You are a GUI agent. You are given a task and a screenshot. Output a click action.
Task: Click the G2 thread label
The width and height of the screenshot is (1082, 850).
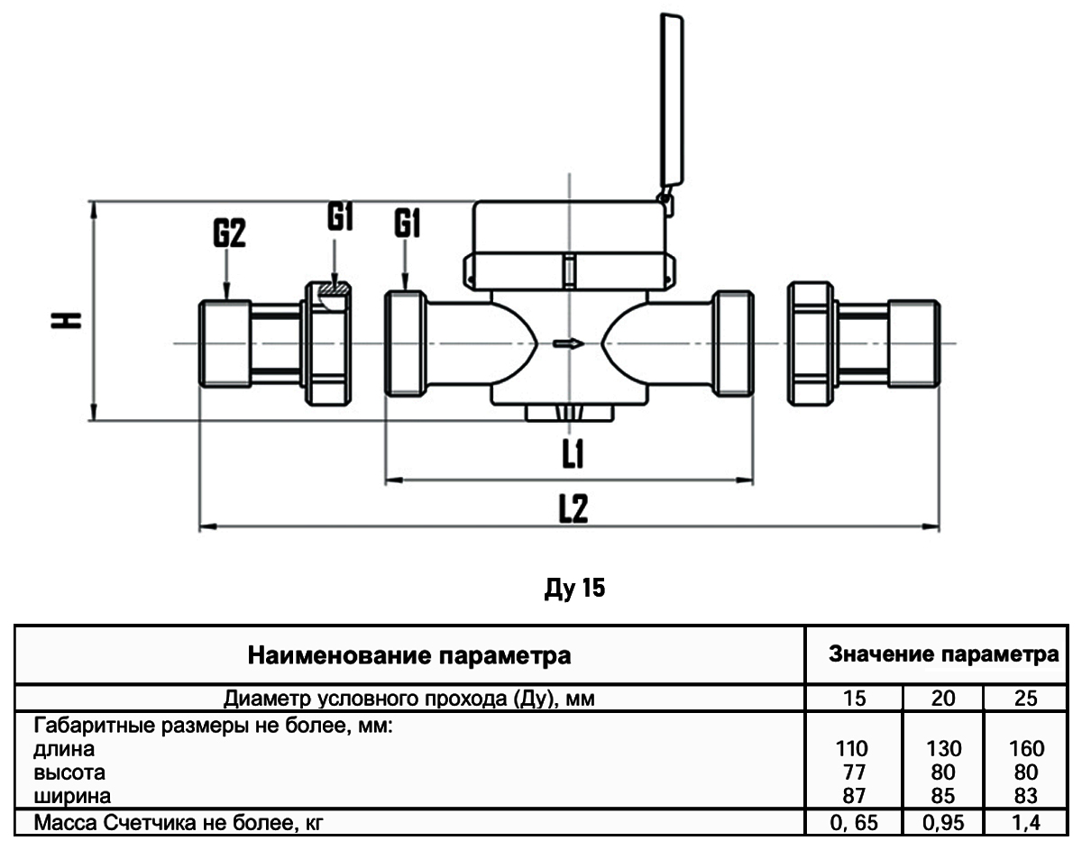point(230,234)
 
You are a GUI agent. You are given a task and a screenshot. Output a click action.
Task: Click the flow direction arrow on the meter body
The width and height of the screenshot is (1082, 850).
point(568,343)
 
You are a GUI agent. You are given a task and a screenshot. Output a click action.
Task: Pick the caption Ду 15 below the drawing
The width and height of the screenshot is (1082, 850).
point(574,590)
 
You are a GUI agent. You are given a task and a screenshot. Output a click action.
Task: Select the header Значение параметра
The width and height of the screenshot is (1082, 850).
point(943,653)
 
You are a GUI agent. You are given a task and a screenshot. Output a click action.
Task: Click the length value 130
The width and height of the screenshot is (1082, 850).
point(944,749)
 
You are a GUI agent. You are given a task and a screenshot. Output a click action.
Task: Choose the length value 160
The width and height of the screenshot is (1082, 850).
point(1026,749)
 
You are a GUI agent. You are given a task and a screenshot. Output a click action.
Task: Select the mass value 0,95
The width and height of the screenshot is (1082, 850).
point(944,821)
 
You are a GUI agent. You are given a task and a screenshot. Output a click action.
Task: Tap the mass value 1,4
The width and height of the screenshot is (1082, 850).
point(1026,821)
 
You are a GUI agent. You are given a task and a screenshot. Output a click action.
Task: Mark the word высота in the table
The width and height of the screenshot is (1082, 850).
point(69,772)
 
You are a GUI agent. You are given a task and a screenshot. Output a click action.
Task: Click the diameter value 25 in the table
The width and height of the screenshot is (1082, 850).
point(1026,699)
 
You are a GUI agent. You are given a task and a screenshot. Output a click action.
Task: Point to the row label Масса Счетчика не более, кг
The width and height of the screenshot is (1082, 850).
point(169,821)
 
